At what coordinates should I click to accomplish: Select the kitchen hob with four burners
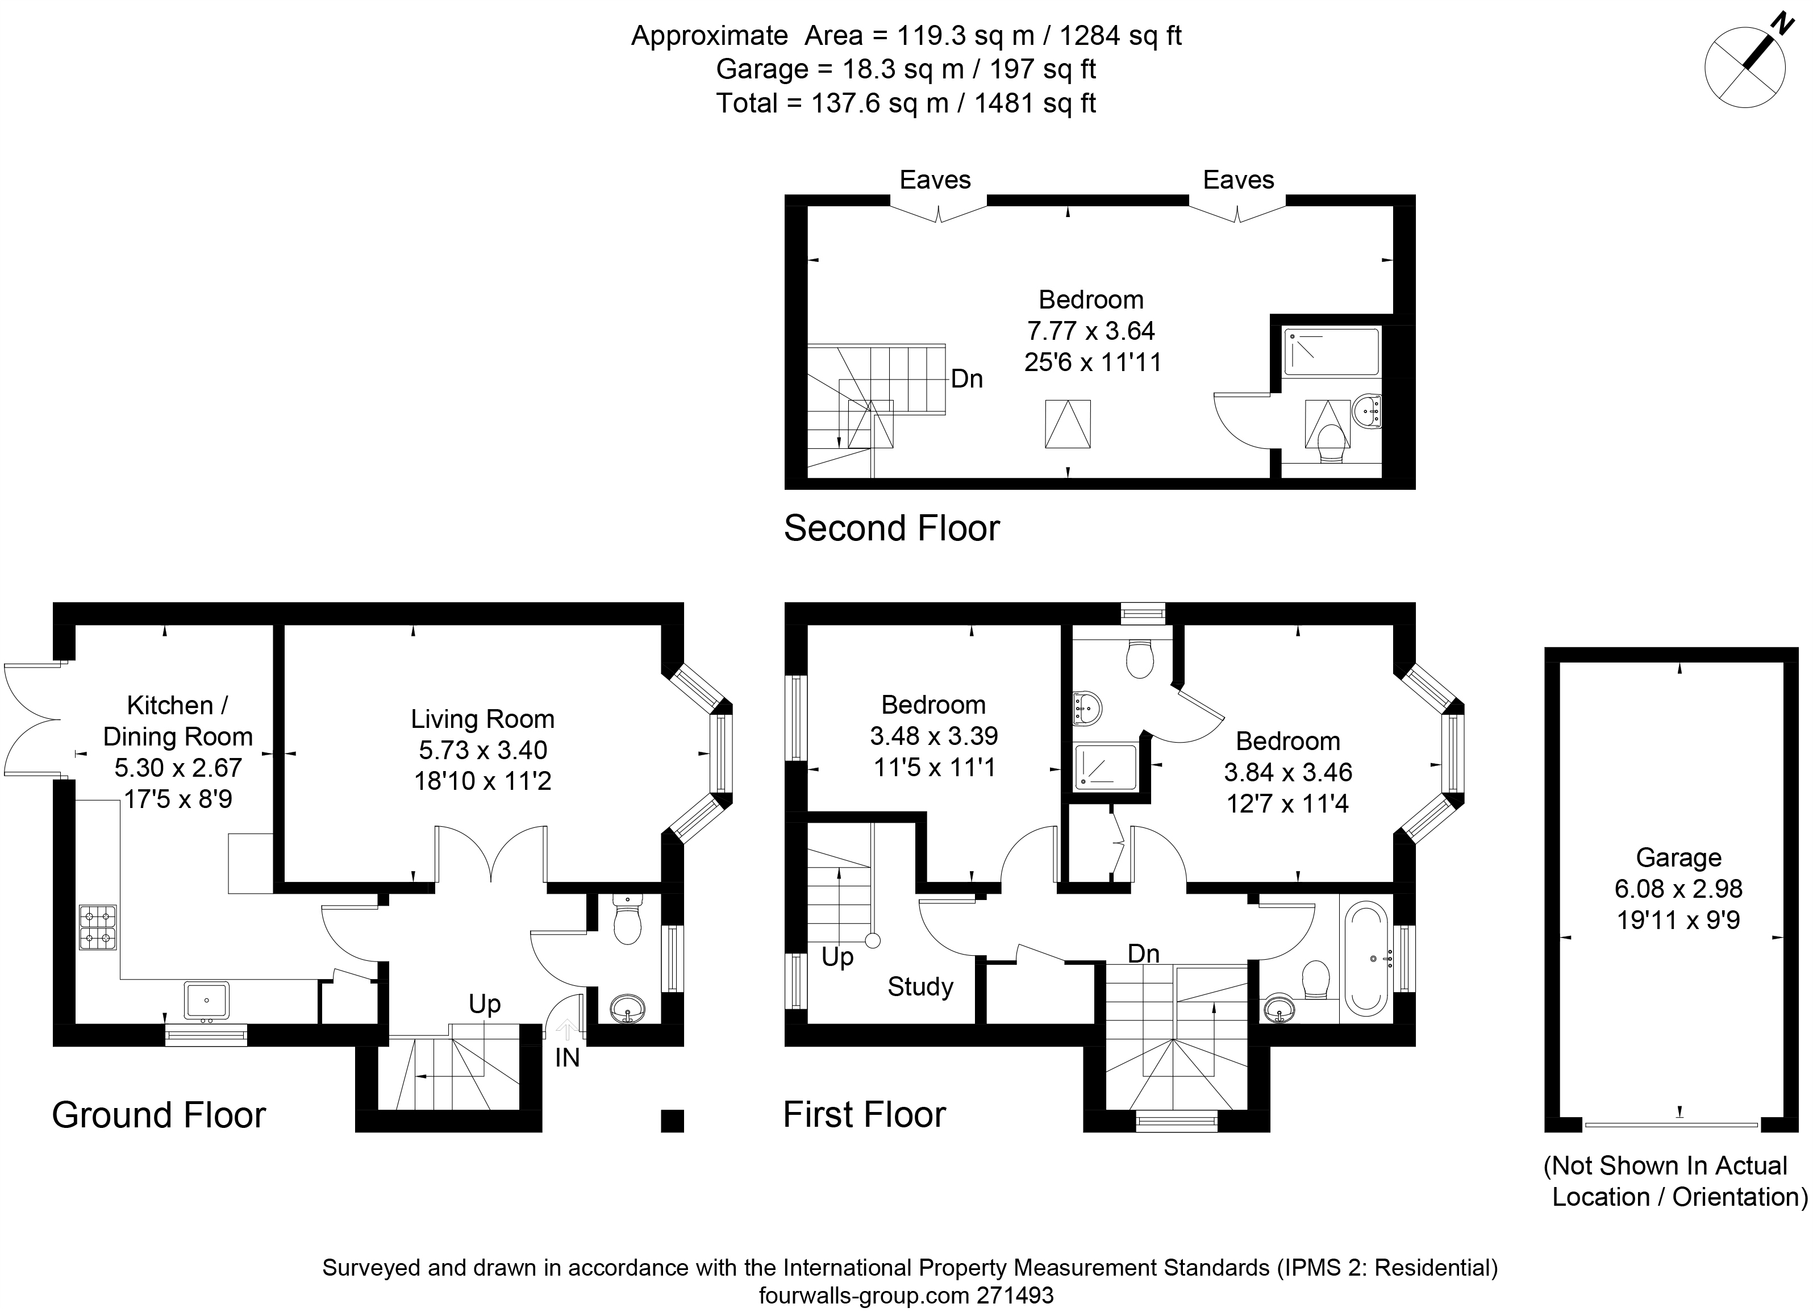tap(98, 927)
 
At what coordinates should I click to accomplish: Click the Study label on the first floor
tap(920, 986)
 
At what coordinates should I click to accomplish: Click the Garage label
tap(1679, 857)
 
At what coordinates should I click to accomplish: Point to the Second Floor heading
tap(891, 528)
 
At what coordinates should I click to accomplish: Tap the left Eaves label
tap(935, 180)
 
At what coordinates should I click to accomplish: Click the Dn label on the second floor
tap(966, 378)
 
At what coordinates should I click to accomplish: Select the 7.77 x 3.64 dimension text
tap(1091, 330)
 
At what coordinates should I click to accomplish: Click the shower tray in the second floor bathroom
tap(1331, 352)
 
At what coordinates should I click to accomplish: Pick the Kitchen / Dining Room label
tap(177, 721)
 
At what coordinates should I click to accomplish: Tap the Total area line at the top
tap(906, 103)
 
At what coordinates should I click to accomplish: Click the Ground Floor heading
tap(159, 1114)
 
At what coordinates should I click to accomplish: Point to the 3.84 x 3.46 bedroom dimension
tap(1288, 772)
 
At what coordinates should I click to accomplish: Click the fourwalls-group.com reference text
tap(906, 1295)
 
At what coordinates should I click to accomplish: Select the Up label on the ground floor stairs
tap(485, 1004)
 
